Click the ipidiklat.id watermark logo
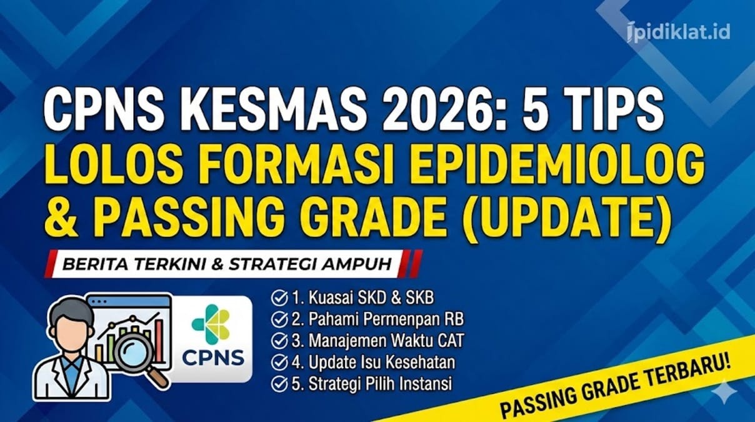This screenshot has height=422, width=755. [x=678, y=31]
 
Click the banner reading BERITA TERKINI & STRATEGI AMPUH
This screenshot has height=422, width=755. [x=231, y=264]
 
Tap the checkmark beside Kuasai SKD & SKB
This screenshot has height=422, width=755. [x=278, y=298]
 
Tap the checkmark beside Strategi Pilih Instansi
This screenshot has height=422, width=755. [x=278, y=383]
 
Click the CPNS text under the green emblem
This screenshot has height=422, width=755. [x=212, y=359]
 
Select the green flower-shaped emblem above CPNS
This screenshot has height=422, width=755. [x=211, y=323]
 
